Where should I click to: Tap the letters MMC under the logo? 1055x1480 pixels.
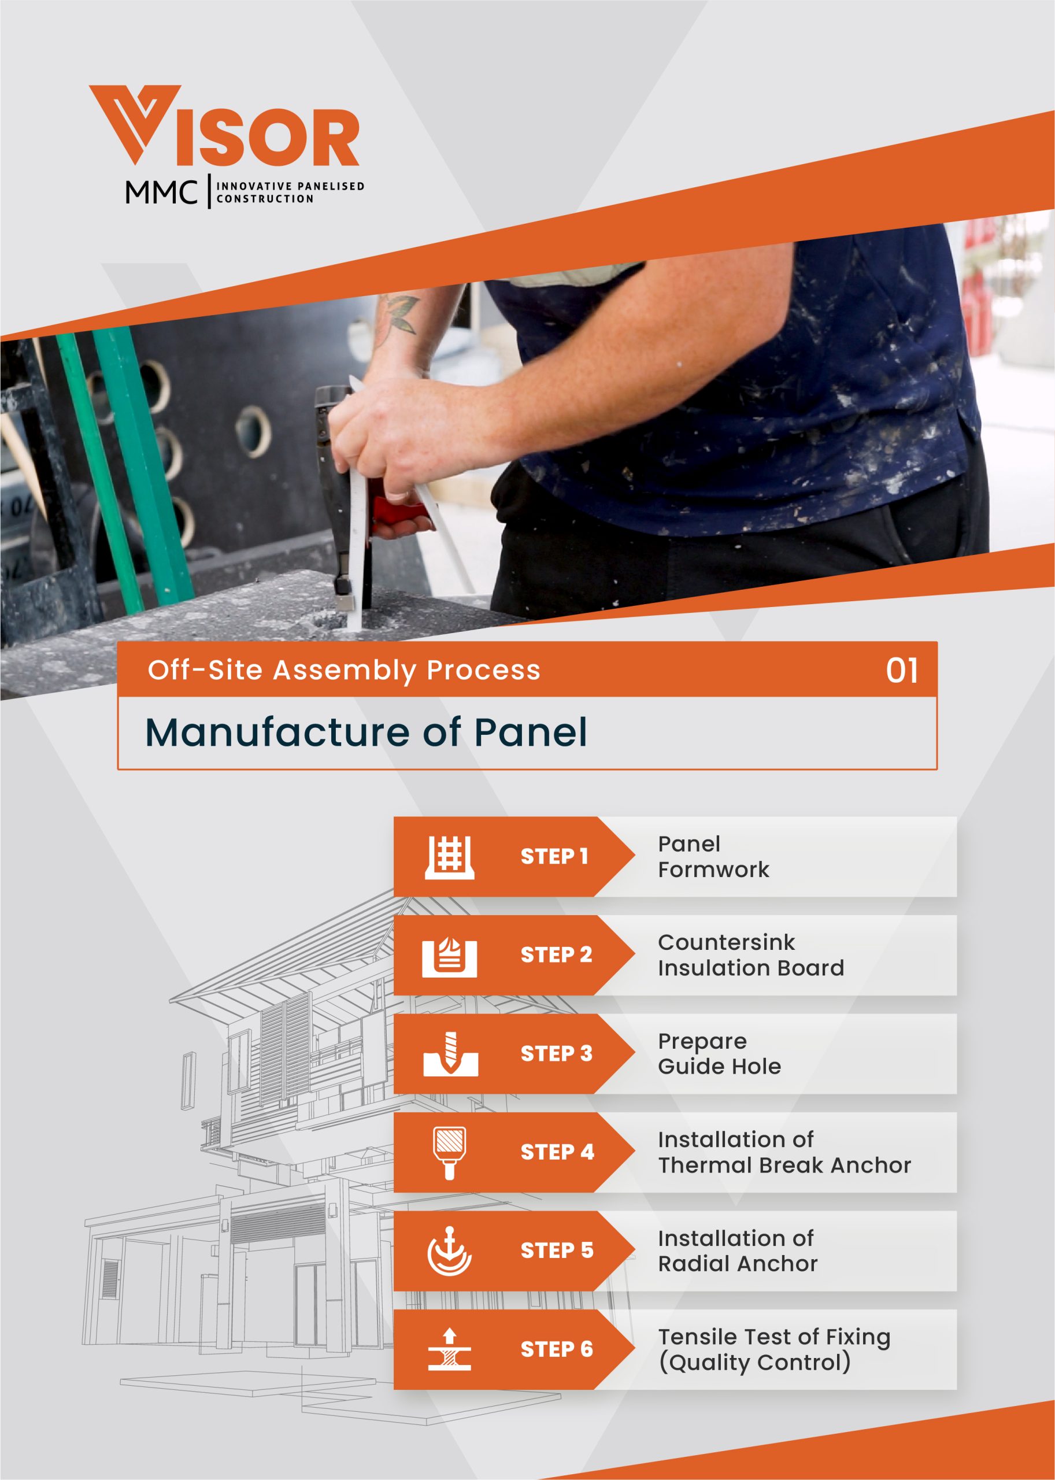click(x=161, y=193)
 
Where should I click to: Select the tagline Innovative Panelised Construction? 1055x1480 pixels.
click(x=290, y=193)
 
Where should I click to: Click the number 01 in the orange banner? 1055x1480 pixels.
click(x=902, y=671)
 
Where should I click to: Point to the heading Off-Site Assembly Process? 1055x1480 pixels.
click(x=343, y=671)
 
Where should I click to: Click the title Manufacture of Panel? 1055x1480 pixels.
click(x=367, y=732)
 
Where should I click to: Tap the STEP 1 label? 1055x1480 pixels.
click(x=554, y=856)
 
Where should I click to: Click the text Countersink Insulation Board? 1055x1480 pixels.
click(x=751, y=954)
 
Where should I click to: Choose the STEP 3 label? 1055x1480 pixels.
click(x=556, y=1053)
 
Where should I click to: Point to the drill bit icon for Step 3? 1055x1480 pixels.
click(x=450, y=1053)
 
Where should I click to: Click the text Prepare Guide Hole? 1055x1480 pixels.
click(x=719, y=1054)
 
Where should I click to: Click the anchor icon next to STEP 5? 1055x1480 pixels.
click(x=450, y=1250)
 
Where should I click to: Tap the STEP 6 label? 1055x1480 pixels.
click(x=557, y=1349)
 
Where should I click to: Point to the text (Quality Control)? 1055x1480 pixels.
click(x=755, y=1363)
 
